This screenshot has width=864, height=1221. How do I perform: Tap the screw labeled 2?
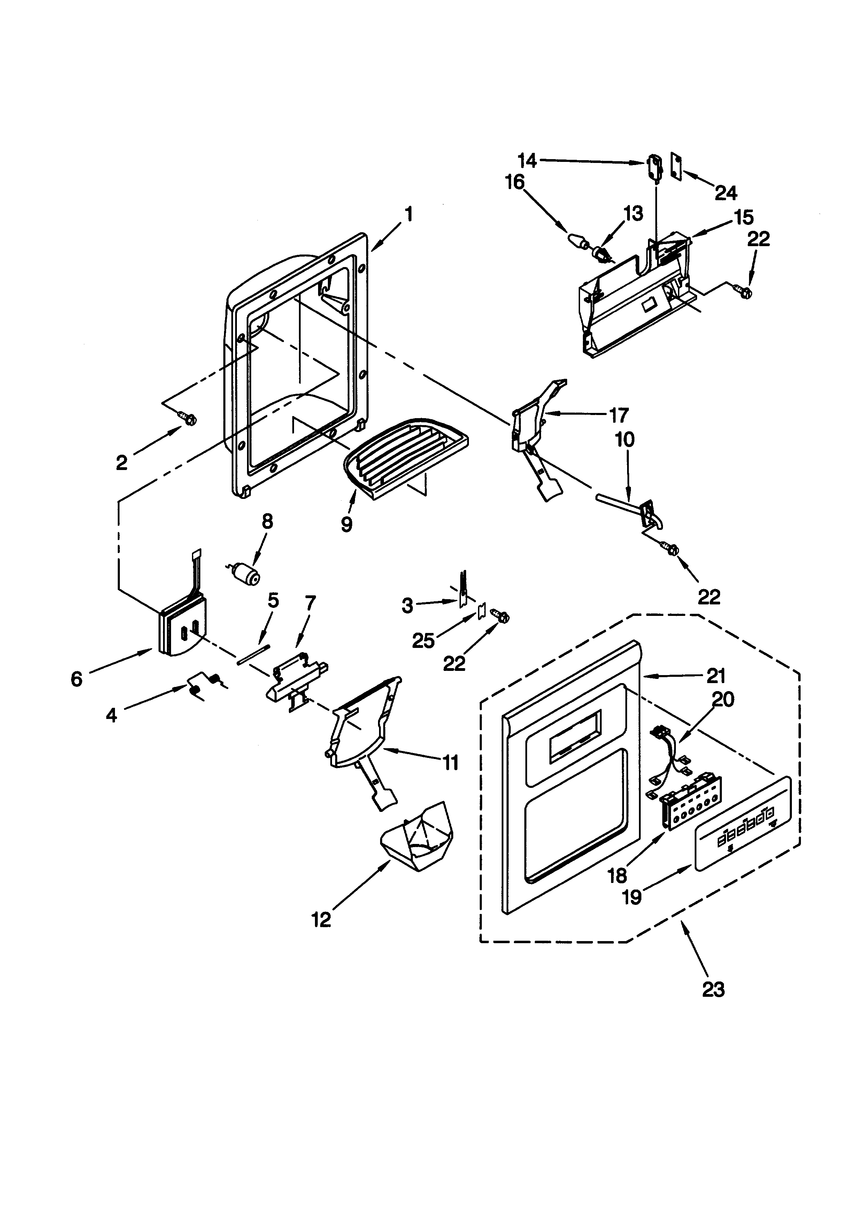point(188,419)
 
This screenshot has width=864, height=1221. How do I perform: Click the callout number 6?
point(77,679)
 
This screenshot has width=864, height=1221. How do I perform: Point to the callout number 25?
point(424,641)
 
